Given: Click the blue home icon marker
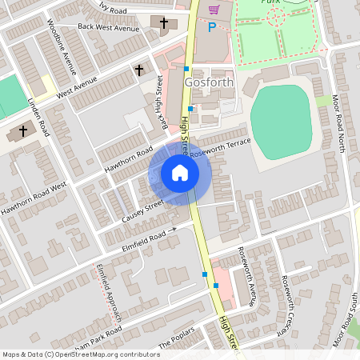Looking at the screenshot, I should (179, 173).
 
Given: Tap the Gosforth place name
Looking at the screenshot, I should (210, 82).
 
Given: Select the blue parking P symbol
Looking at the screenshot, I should (212, 27).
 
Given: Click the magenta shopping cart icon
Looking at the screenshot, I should (214, 10).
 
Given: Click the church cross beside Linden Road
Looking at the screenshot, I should (23, 130).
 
